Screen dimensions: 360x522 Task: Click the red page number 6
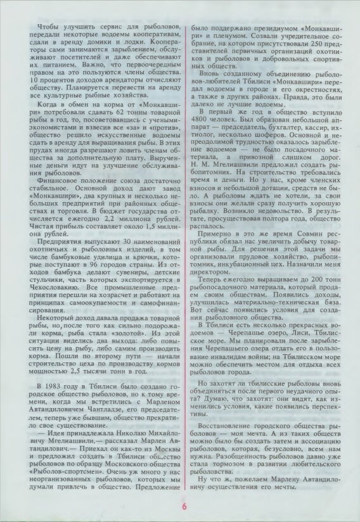(x=184, y=506)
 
